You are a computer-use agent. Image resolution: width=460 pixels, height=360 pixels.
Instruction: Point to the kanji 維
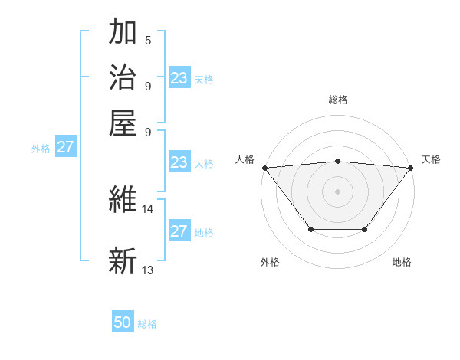123,200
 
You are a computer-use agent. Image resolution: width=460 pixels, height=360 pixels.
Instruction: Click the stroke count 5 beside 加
148,41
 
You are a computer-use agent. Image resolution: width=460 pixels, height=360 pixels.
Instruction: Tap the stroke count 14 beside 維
148,208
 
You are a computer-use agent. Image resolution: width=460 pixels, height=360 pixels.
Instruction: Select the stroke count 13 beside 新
148,270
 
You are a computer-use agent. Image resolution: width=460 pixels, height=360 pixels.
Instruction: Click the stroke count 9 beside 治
148,85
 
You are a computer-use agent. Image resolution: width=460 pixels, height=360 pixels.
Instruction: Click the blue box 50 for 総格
123,322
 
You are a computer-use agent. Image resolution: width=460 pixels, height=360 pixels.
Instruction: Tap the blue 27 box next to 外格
66,147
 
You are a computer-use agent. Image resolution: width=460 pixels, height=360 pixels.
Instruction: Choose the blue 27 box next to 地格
179,231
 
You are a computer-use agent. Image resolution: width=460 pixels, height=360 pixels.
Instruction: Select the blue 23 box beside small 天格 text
179,77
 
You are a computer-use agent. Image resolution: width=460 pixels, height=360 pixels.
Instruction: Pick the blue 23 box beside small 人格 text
179,162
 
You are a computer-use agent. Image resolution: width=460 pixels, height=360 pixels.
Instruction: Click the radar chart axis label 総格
338,100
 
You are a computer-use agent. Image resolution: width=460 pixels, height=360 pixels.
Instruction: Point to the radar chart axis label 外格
270,262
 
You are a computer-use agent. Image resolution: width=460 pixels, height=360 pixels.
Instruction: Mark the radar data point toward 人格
264,167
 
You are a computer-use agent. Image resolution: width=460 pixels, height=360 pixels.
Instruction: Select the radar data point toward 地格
365,229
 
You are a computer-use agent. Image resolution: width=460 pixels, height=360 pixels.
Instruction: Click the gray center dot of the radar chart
338,191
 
